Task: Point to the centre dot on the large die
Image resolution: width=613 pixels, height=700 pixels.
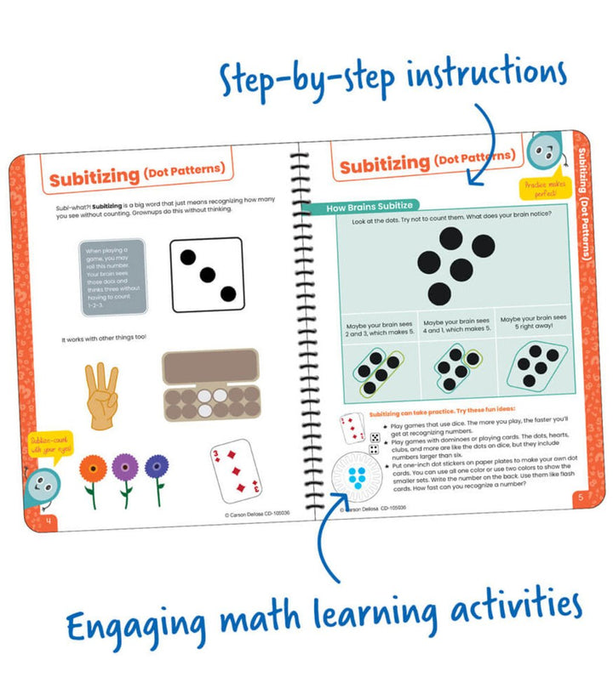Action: click(207, 275)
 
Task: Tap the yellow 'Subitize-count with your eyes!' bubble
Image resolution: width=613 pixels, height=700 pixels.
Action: click(51, 444)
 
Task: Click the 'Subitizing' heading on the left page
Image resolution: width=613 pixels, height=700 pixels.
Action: click(94, 178)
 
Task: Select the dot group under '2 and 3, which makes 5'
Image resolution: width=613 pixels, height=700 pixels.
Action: click(377, 371)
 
